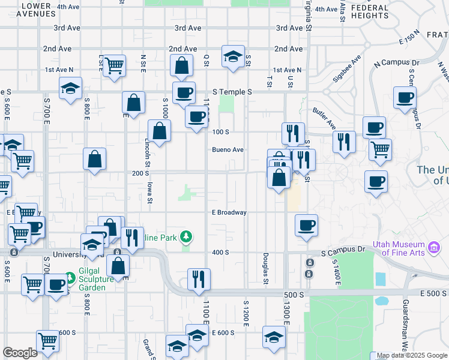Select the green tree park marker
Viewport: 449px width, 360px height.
187,237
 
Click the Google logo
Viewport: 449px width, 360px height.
20,353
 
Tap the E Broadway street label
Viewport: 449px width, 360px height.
229,212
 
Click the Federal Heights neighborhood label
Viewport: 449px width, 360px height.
370,12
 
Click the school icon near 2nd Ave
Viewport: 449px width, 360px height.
233,57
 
